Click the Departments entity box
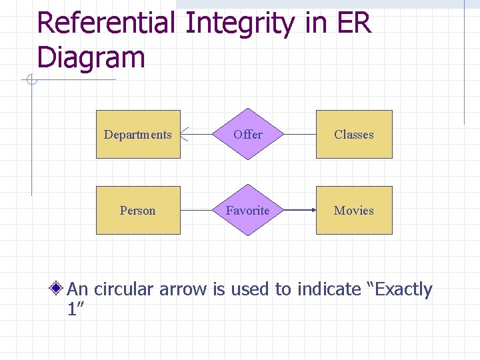pyautogui.click(x=138, y=134)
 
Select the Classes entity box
pyautogui.click(x=354, y=134)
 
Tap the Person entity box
pyautogui.click(x=138, y=210)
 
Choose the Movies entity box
pyautogui.click(x=354, y=210)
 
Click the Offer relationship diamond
pyautogui.click(x=248, y=134)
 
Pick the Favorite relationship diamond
pyautogui.click(x=248, y=210)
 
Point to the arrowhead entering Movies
pyautogui.click(x=312, y=210)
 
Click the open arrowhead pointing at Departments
pyautogui.click(x=186, y=135)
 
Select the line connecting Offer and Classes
pyautogui.click(x=299, y=134)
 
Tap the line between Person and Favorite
pyautogui.click(x=197, y=210)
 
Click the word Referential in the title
pyautogui.click(x=106, y=23)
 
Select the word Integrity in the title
pyautogui.click(x=239, y=23)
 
